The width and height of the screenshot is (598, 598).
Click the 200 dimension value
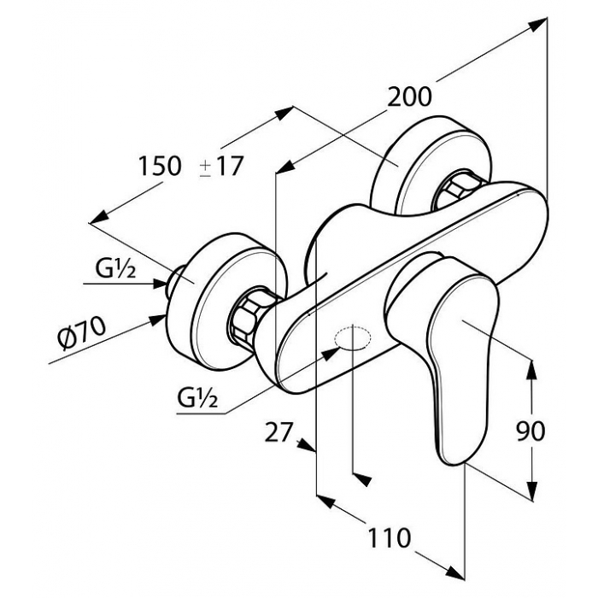coord(409,97)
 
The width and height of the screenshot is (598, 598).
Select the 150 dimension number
coord(159,166)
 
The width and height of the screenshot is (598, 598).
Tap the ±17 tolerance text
coord(220,167)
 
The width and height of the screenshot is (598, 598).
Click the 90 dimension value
coord(531,431)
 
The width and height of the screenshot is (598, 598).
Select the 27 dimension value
coord(278,431)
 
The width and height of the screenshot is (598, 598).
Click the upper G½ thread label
coord(114,270)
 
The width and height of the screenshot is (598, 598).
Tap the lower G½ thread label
coord(197,399)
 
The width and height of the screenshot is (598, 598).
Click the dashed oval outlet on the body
coord(353,338)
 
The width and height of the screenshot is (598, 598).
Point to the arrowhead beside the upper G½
coord(160,284)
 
